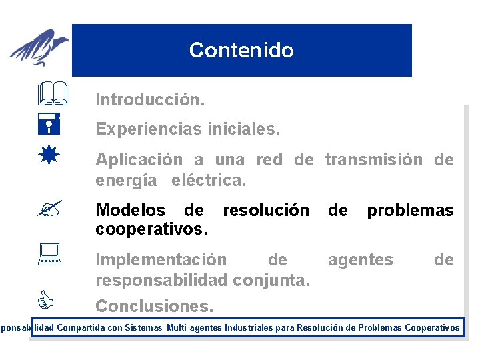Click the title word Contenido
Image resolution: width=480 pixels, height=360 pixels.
(x=241, y=50)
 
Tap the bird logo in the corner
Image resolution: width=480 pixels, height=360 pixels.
(x=40, y=48)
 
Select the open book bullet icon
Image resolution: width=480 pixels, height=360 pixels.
(x=54, y=94)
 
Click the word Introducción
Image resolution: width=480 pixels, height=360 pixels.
(x=150, y=100)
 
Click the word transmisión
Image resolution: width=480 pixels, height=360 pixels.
(x=374, y=159)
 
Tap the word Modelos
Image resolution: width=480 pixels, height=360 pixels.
(x=131, y=211)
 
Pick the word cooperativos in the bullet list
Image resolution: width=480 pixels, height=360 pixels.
(x=151, y=229)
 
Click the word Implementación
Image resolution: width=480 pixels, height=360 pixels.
(x=161, y=259)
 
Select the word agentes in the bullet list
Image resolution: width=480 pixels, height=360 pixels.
(x=360, y=259)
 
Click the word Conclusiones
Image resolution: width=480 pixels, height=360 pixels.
(x=155, y=306)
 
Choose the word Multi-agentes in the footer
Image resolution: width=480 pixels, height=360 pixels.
(x=194, y=327)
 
